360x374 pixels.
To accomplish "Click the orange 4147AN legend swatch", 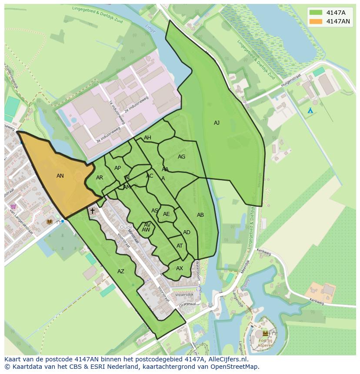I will click(x=316, y=21).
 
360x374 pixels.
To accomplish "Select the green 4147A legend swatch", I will click(x=316, y=12).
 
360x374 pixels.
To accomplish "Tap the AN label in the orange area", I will click(x=60, y=176).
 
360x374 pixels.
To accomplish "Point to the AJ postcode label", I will click(x=217, y=123).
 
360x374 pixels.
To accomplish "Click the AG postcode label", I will click(x=181, y=157).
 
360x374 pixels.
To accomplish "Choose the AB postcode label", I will click(x=200, y=215).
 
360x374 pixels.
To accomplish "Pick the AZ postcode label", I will click(x=121, y=271).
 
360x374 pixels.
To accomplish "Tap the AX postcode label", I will click(x=180, y=268).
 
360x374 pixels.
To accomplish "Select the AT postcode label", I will click(x=180, y=246).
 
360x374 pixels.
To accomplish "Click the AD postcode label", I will click(x=187, y=232).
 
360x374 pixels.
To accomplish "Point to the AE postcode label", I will click(x=167, y=214).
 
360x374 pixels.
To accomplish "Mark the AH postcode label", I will click(x=147, y=138).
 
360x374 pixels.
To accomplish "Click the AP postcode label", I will click(x=117, y=168).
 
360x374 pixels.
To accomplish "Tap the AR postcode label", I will click(x=100, y=178).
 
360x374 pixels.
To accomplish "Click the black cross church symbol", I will click(x=92, y=211).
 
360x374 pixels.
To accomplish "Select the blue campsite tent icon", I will click(x=310, y=111).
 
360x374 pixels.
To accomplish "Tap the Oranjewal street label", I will click(x=186, y=304).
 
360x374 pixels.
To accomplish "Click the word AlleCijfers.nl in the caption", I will click(x=227, y=359).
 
